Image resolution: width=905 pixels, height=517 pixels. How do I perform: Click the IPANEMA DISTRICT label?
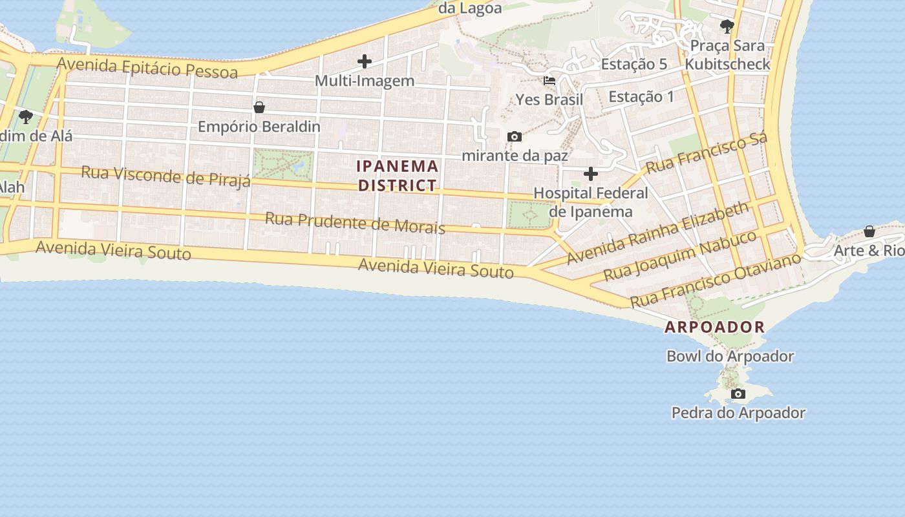click(398, 176)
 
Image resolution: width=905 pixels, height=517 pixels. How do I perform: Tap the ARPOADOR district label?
click(714, 327)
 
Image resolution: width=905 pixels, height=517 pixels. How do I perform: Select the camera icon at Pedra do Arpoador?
click(738, 394)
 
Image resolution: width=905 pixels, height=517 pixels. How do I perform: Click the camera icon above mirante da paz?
click(515, 136)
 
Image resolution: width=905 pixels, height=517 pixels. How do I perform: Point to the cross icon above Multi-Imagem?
click(365, 62)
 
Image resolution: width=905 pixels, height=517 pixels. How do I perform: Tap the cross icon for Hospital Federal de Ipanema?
click(591, 174)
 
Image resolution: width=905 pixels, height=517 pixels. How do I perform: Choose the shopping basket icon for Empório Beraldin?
click(259, 107)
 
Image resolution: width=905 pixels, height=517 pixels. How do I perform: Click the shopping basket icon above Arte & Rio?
click(870, 231)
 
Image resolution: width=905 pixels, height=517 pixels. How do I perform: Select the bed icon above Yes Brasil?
click(549, 81)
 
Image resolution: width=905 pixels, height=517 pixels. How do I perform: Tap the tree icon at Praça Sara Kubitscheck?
click(727, 26)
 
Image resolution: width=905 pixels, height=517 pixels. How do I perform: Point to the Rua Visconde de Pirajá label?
click(165, 176)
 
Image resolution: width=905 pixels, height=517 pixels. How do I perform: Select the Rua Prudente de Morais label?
click(355, 222)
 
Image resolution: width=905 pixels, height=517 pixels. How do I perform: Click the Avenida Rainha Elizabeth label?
click(658, 233)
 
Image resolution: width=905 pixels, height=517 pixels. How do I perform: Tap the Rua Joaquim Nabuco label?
click(679, 255)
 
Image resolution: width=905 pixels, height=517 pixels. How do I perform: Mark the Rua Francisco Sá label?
click(707, 153)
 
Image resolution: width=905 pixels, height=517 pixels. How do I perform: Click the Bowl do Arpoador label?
click(730, 356)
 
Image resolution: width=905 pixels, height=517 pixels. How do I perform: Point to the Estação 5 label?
click(633, 64)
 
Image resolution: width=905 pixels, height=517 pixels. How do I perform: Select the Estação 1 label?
click(641, 97)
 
